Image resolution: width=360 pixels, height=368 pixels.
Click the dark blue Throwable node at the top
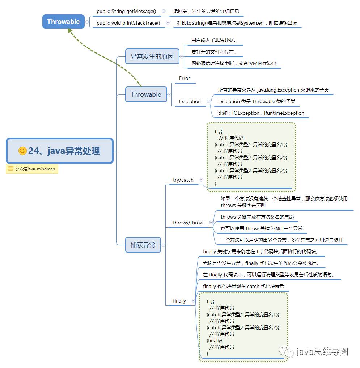pos(63,21)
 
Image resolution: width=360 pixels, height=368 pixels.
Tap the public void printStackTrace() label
pos(128,23)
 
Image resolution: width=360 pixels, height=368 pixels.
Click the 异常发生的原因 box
pos(152,56)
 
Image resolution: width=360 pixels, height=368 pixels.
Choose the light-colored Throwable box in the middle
pos(146,94)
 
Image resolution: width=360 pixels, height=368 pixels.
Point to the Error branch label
pos(185,78)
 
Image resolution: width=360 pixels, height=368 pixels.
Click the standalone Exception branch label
pos(190,101)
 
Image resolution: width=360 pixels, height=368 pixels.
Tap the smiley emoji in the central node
pos(22,151)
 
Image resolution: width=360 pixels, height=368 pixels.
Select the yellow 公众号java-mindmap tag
pos(32,169)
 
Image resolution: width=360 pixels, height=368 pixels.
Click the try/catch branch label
pos(183,180)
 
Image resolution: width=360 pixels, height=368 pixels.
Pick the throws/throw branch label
pos(188,223)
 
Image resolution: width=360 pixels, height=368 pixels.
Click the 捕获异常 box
pos(143,245)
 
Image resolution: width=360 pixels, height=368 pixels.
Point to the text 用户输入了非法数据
pos(214,40)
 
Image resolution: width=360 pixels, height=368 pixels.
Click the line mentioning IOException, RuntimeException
pos(261,113)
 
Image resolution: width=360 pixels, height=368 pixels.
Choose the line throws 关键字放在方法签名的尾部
pos(257,217)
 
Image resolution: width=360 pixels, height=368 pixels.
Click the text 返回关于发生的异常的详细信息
pos(206,11)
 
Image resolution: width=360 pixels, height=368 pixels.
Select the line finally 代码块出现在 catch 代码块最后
pos(243,286)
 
